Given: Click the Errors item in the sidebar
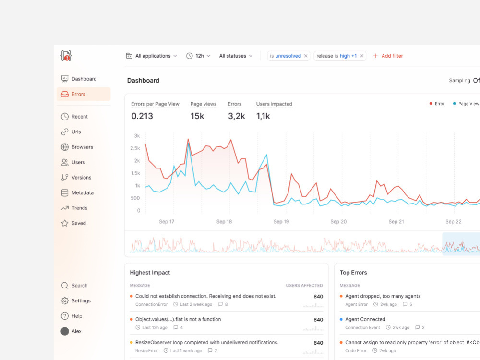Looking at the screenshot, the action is coord(84,94).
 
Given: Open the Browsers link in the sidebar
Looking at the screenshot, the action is coord(82,147).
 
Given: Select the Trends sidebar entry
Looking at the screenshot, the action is coord(79,208).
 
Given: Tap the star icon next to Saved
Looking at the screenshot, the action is coord(65,223).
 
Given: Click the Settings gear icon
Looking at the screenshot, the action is coord(65,300).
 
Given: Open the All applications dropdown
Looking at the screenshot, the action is coord(152,56).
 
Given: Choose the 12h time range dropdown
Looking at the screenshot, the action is coord(198,56).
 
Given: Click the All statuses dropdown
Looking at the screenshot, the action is coord(236,56).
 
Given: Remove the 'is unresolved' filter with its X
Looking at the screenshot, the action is coord(305,56).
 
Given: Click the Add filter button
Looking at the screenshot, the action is coord(388,56).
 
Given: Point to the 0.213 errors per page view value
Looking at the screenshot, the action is coord(142,116).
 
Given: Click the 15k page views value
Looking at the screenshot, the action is coord(197,116).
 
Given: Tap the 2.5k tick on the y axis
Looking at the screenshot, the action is coord(135,148).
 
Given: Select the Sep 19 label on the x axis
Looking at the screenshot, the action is coord(281,221).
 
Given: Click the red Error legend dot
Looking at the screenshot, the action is coord(431,104).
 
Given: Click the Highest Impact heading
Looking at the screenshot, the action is coord(150,273).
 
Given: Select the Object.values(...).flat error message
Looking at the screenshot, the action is coord(178,319).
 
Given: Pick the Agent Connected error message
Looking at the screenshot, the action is coord(365,319).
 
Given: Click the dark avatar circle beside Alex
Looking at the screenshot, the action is coord(65,331).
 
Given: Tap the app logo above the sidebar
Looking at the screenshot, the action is coord(66,56).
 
